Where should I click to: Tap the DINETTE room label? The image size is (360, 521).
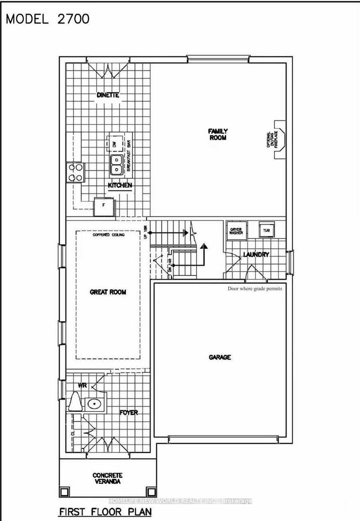click(108, 95)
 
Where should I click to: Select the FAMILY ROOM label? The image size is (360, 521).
click(217, 134)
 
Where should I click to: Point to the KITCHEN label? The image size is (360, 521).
click(120, 185)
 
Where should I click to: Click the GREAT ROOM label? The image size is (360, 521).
click(107, 292)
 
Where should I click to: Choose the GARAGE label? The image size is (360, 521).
click(219, 357)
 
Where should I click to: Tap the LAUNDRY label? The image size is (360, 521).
click(255, 254)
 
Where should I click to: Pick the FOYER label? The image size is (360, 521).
click(128, 412)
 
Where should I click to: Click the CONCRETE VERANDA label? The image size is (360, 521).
click(107, 478)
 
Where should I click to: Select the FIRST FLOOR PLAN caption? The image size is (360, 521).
click(105, 512)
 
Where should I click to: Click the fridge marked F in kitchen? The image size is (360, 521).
click(103, 206)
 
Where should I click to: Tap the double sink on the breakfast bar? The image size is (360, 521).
click(116, 163)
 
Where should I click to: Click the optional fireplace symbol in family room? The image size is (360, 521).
click(278, 139)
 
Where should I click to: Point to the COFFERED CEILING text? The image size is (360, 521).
click(108, 234)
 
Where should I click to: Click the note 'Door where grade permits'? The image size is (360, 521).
click(254, 288)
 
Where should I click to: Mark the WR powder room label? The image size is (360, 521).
click(82, 386)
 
